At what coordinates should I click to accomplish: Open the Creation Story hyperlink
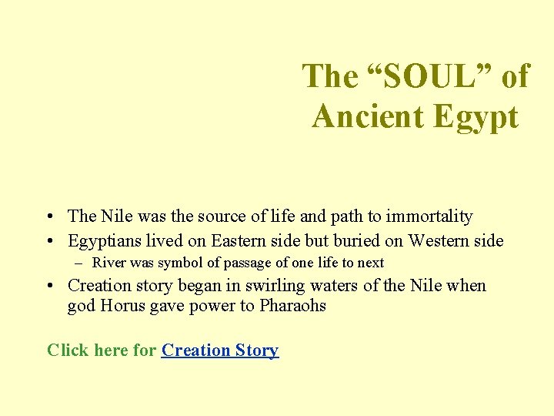point(220,351)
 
